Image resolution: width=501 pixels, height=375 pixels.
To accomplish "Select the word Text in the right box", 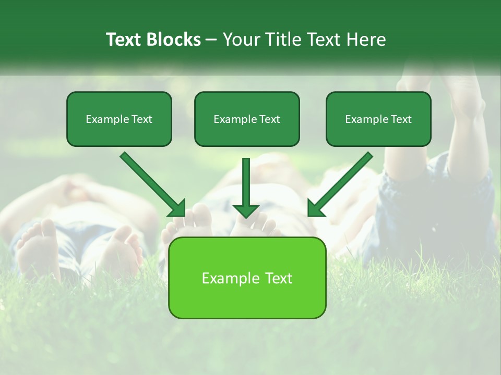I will pyautogui.click(x=401, y=119).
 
